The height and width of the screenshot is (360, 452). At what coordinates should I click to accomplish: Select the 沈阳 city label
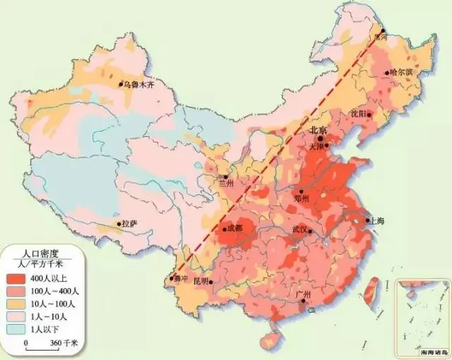pyautogui.click(x=358, y=113)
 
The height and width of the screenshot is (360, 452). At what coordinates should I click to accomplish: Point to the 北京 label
pyautogui.click(x=318, y=131)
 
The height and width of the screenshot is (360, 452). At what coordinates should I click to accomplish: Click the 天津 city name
pyautogui.click(x=316, y=147)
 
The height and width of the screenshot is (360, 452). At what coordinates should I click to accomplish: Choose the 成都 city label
pyautogui.click(x=234, y=229)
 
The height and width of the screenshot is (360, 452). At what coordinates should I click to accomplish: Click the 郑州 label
pyautogui.click(x=302, y=199)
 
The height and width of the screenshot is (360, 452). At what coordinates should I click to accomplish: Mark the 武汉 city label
pyautogui.click(x=300, y=230)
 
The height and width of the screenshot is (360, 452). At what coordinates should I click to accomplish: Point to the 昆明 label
pyautogui.click(x=201, y=281)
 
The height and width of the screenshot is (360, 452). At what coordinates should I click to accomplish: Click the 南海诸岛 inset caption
pyautogui.click(x=423, y=351)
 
